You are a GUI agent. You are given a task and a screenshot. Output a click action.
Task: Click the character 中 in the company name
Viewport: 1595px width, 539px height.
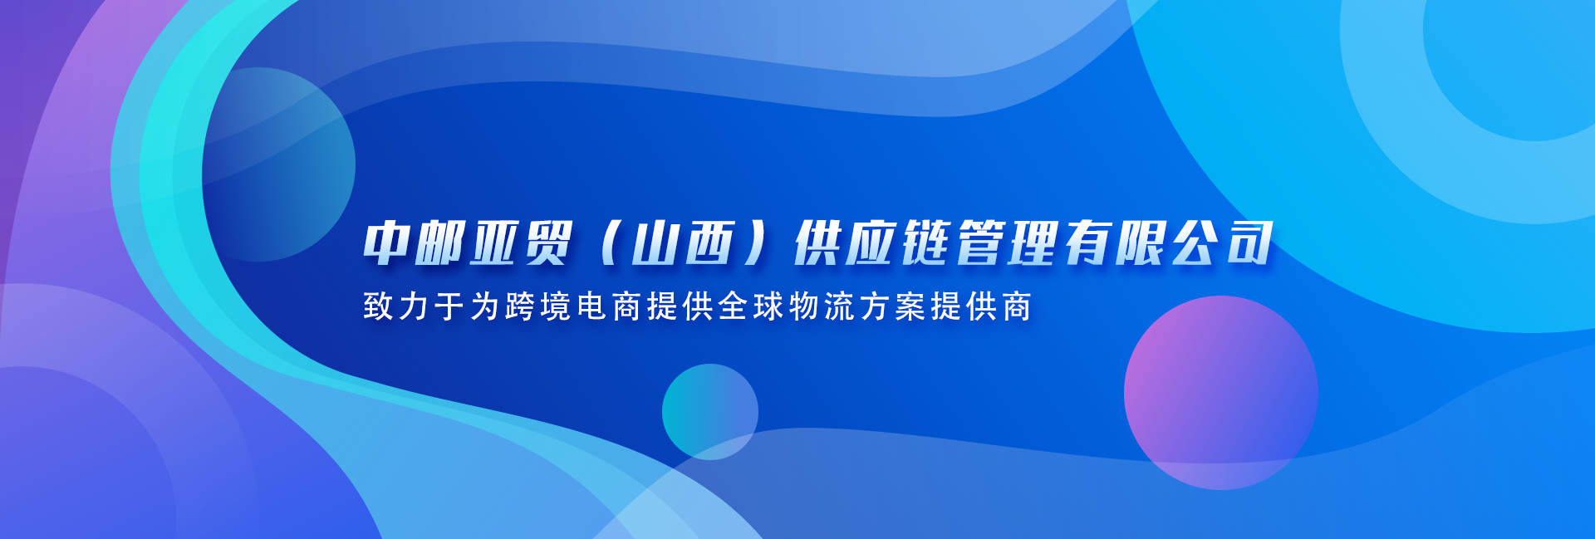388,243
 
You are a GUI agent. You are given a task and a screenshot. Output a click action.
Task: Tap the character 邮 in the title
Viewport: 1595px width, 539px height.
442,243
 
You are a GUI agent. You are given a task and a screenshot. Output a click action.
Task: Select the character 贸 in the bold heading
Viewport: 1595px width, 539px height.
547,243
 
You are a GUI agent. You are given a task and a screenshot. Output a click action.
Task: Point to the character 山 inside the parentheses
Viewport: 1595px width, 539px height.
655,243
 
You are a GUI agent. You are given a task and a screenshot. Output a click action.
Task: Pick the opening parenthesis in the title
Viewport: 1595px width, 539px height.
610,243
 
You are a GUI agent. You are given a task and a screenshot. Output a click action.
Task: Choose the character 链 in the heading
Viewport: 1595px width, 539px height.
927,243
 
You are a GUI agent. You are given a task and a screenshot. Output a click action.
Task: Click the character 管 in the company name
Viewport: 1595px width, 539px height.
982,243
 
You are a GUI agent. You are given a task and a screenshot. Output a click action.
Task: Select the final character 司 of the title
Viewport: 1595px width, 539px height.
1248,243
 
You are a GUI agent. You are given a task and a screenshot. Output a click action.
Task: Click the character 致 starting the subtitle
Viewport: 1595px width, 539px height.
378,306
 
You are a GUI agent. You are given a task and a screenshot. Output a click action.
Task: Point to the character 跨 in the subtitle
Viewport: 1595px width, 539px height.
520,306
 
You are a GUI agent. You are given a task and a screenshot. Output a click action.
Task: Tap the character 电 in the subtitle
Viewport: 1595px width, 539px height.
591,306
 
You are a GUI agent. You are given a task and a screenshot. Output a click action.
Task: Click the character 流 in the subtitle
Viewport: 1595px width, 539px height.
840,306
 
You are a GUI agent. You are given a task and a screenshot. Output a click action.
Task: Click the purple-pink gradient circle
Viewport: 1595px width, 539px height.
1221,393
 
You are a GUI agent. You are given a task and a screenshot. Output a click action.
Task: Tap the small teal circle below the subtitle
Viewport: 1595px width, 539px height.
710,412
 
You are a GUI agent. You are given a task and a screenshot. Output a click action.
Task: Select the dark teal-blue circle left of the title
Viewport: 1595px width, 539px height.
279,164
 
